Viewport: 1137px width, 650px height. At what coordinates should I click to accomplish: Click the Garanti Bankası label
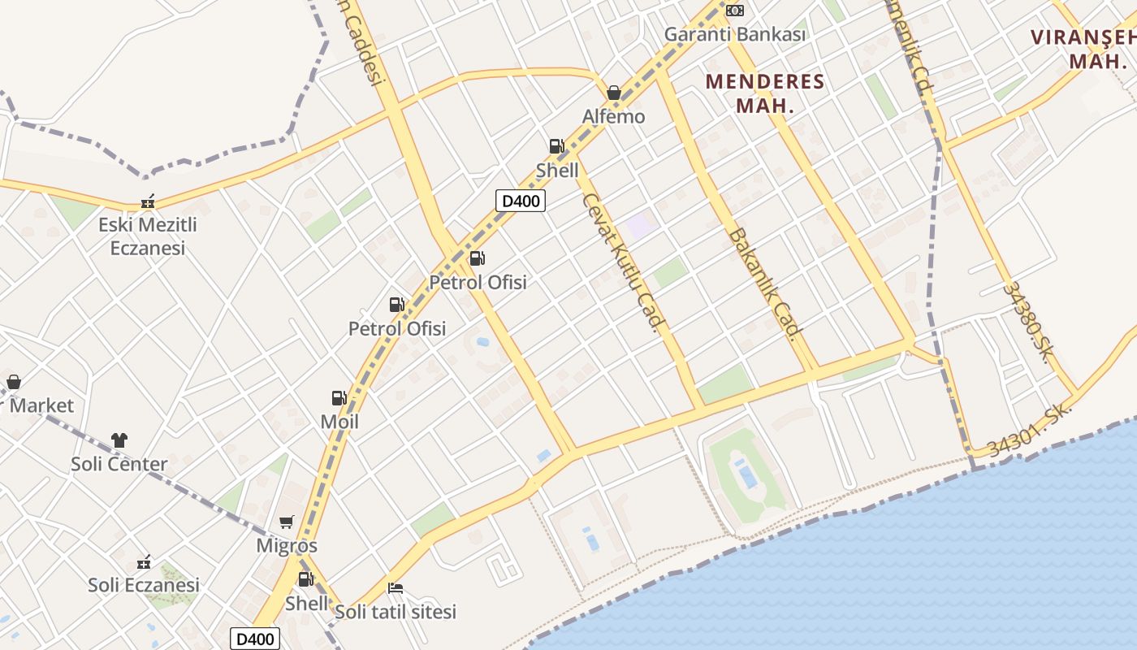735,34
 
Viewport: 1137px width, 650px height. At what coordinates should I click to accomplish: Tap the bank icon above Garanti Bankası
735,11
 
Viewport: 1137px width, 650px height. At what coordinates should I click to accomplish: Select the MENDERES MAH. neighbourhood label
764,93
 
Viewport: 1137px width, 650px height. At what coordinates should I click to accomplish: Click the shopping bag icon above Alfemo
614,93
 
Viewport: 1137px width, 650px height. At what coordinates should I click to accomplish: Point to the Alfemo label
614,116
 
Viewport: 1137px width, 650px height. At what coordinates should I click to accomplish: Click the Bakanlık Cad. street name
764,282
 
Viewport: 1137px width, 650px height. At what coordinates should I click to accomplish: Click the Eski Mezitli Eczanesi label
148,236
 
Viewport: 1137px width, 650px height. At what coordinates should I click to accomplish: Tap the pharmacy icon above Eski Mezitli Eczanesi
148,201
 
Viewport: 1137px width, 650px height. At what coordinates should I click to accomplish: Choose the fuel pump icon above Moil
339,398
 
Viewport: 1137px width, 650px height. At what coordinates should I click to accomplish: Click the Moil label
339,422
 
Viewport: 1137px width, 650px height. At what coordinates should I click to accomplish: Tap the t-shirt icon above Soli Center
119,440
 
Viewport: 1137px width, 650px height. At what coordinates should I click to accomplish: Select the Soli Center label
119,464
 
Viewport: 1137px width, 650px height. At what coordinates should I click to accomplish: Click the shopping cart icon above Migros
286,522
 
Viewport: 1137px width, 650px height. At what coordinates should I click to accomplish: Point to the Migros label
287,545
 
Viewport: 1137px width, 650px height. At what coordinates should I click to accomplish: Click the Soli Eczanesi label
144,584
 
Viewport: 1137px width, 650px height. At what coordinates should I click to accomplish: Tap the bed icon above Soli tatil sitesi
396,588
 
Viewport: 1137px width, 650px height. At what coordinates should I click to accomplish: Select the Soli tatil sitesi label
396,611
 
